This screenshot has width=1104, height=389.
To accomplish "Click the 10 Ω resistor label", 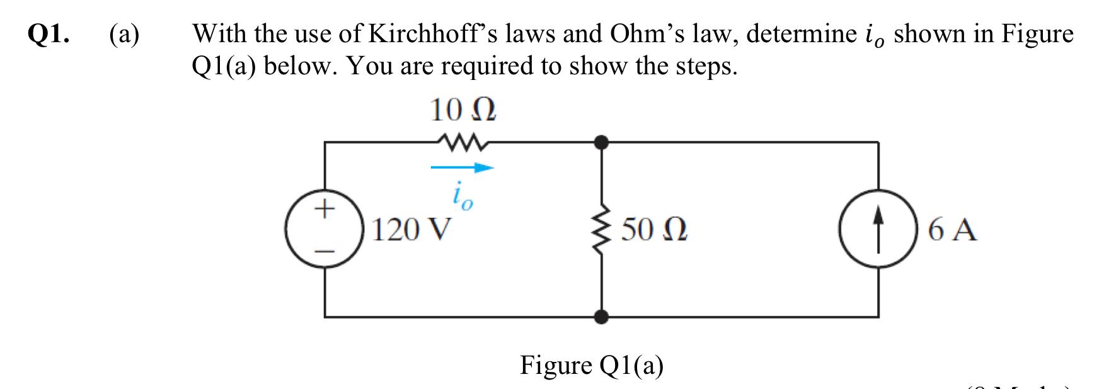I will (x=463, y=112).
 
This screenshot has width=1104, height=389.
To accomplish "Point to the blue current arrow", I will (x=462, y=168).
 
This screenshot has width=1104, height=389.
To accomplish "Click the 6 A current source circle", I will (x=878, y=230).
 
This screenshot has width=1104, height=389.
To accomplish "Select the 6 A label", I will (x=953, y=231).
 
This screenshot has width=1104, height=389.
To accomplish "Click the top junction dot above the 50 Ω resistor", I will (x=602, y=142).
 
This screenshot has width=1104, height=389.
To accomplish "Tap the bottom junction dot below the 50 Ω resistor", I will (x=602, y=317).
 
